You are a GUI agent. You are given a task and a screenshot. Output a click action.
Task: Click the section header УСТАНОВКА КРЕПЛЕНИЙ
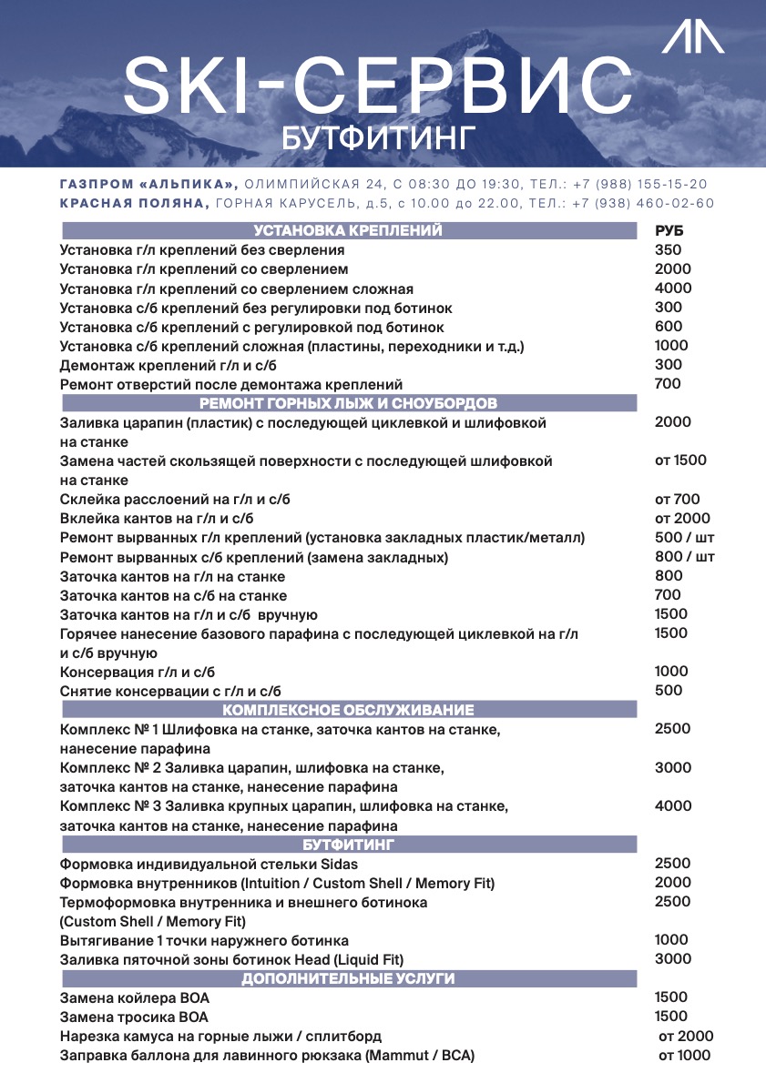tap(348, 231)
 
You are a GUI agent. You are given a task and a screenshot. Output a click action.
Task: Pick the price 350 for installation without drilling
tap(668, 250)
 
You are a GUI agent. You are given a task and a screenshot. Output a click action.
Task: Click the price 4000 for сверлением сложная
tap(673, 288)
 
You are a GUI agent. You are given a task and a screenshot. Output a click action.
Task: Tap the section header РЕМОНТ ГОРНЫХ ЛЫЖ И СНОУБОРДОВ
tap(348, 403)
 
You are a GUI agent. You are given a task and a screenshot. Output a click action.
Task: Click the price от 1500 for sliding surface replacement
tap(680, 461)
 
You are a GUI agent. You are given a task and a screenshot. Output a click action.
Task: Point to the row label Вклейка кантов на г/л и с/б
tap(150, 519)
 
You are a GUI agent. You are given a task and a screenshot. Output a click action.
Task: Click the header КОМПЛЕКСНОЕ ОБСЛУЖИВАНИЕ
tap(348, 710)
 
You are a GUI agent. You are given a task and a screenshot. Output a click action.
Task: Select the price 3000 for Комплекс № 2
tap(673, 768)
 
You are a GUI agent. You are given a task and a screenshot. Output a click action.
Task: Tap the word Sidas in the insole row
tap(339, 864)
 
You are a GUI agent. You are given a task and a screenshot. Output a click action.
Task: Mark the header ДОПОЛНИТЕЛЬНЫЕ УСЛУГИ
tap(348, 979)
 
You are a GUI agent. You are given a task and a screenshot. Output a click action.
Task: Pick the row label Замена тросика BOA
tap(134, 1017)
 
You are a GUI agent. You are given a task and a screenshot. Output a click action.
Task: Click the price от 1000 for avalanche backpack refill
tap(684, 1056)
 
